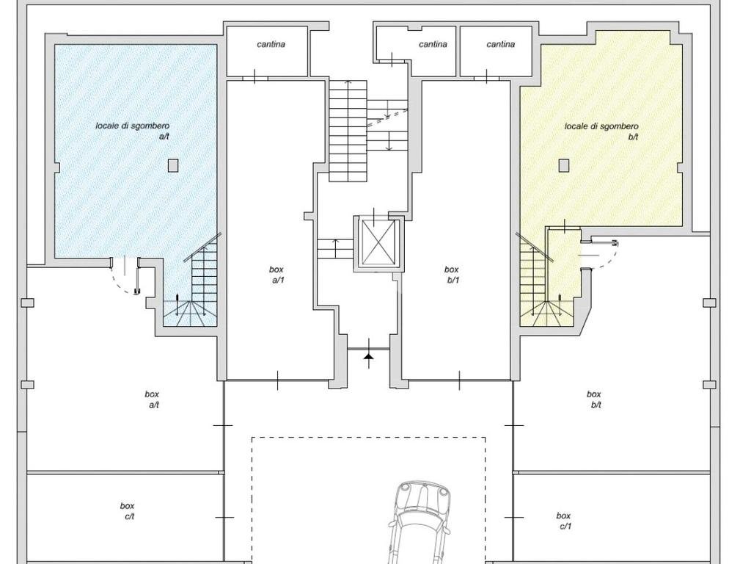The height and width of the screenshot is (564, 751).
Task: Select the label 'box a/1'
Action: (x=276, y=275)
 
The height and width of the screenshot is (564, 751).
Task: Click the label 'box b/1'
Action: (x=452, y=275)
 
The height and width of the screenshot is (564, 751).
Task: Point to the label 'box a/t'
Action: (x=153, y=399)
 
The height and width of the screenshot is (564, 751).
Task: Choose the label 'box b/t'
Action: (x=594, y=399)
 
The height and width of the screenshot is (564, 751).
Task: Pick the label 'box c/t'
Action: (x=128, y=511)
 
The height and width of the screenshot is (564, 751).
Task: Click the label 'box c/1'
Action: (x=564, y=521)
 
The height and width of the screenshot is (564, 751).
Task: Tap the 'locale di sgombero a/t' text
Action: (x=132, y=131)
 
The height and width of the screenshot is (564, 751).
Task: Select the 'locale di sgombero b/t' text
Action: (x=601, y=131)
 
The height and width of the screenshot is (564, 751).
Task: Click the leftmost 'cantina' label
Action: (x=271, y=44)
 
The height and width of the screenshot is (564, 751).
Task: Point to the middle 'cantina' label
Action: (x=433, y=44)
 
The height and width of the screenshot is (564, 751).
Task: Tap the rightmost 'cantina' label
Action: (x=500, y=44)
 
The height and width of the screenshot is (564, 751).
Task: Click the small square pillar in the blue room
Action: (x=173, y=165)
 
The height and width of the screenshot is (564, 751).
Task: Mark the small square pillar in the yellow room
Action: (x=564, y=165)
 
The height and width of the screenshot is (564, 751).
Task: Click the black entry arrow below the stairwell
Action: (x=368, y=356)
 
